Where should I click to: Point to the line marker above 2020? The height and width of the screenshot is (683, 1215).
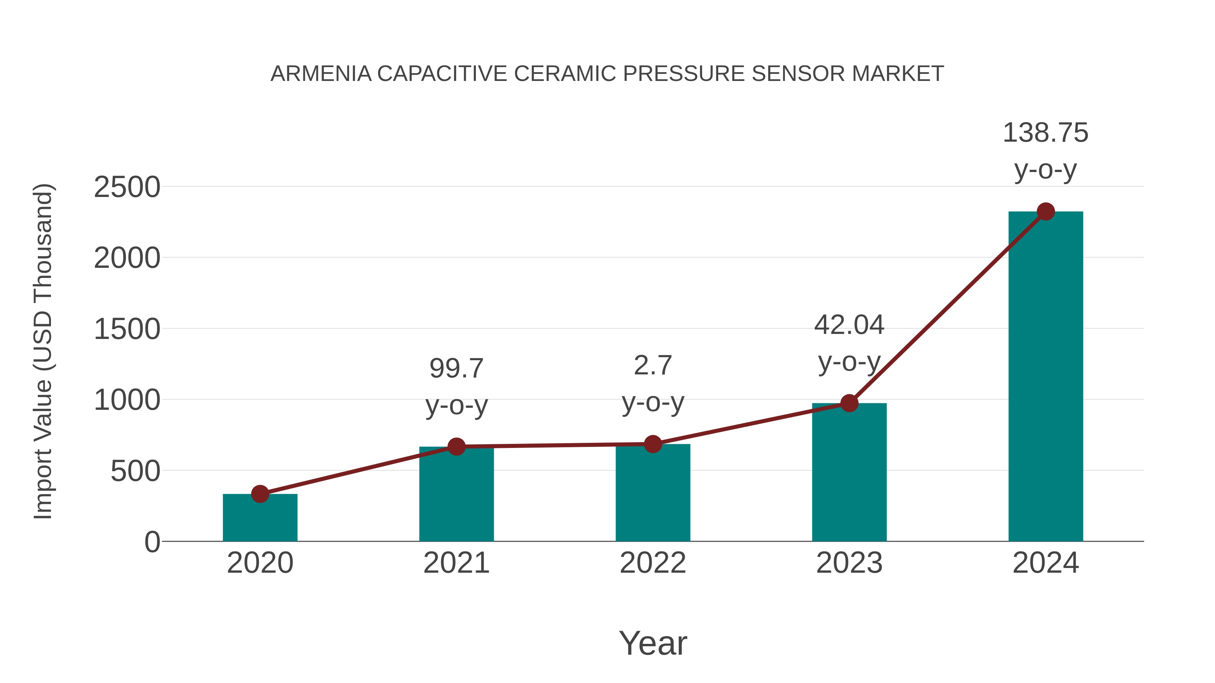(260, 494)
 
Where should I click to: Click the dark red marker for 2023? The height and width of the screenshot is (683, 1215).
(849, 403)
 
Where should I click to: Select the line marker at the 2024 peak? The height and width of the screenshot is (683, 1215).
(1046, 211)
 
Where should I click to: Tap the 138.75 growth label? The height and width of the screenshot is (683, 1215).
(1045, 133)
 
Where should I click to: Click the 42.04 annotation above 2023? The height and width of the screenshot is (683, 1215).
(849, 325)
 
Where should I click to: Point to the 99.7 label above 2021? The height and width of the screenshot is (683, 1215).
(456, 369)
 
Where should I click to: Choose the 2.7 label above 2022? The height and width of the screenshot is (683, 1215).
(653, 366)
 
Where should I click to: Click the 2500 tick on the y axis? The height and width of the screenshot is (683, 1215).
(127, 188)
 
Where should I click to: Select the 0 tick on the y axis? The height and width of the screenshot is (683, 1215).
(152, 542)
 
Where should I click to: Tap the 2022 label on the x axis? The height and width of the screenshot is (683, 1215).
(653, 563)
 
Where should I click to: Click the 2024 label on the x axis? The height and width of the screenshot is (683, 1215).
(1046, 563)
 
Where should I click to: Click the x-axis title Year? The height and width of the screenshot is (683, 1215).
(653, 643)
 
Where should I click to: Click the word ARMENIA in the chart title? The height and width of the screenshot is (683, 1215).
(321, 74)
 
